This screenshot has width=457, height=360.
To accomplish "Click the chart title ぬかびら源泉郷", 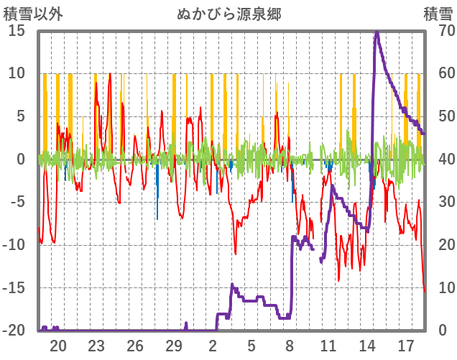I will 228,14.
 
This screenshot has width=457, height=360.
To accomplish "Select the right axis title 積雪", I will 438,14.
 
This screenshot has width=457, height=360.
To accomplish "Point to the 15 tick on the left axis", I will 17,30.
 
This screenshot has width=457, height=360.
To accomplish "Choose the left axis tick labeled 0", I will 21,159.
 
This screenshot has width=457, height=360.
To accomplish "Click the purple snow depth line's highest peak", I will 377,32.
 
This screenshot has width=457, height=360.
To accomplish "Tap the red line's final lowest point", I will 424,291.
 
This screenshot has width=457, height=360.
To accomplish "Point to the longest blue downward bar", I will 157,218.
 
